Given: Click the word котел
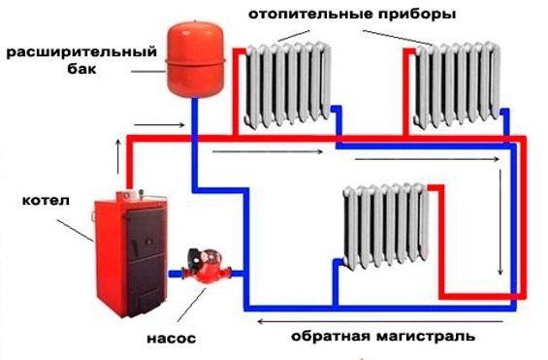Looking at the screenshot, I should [x=40, y=202].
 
